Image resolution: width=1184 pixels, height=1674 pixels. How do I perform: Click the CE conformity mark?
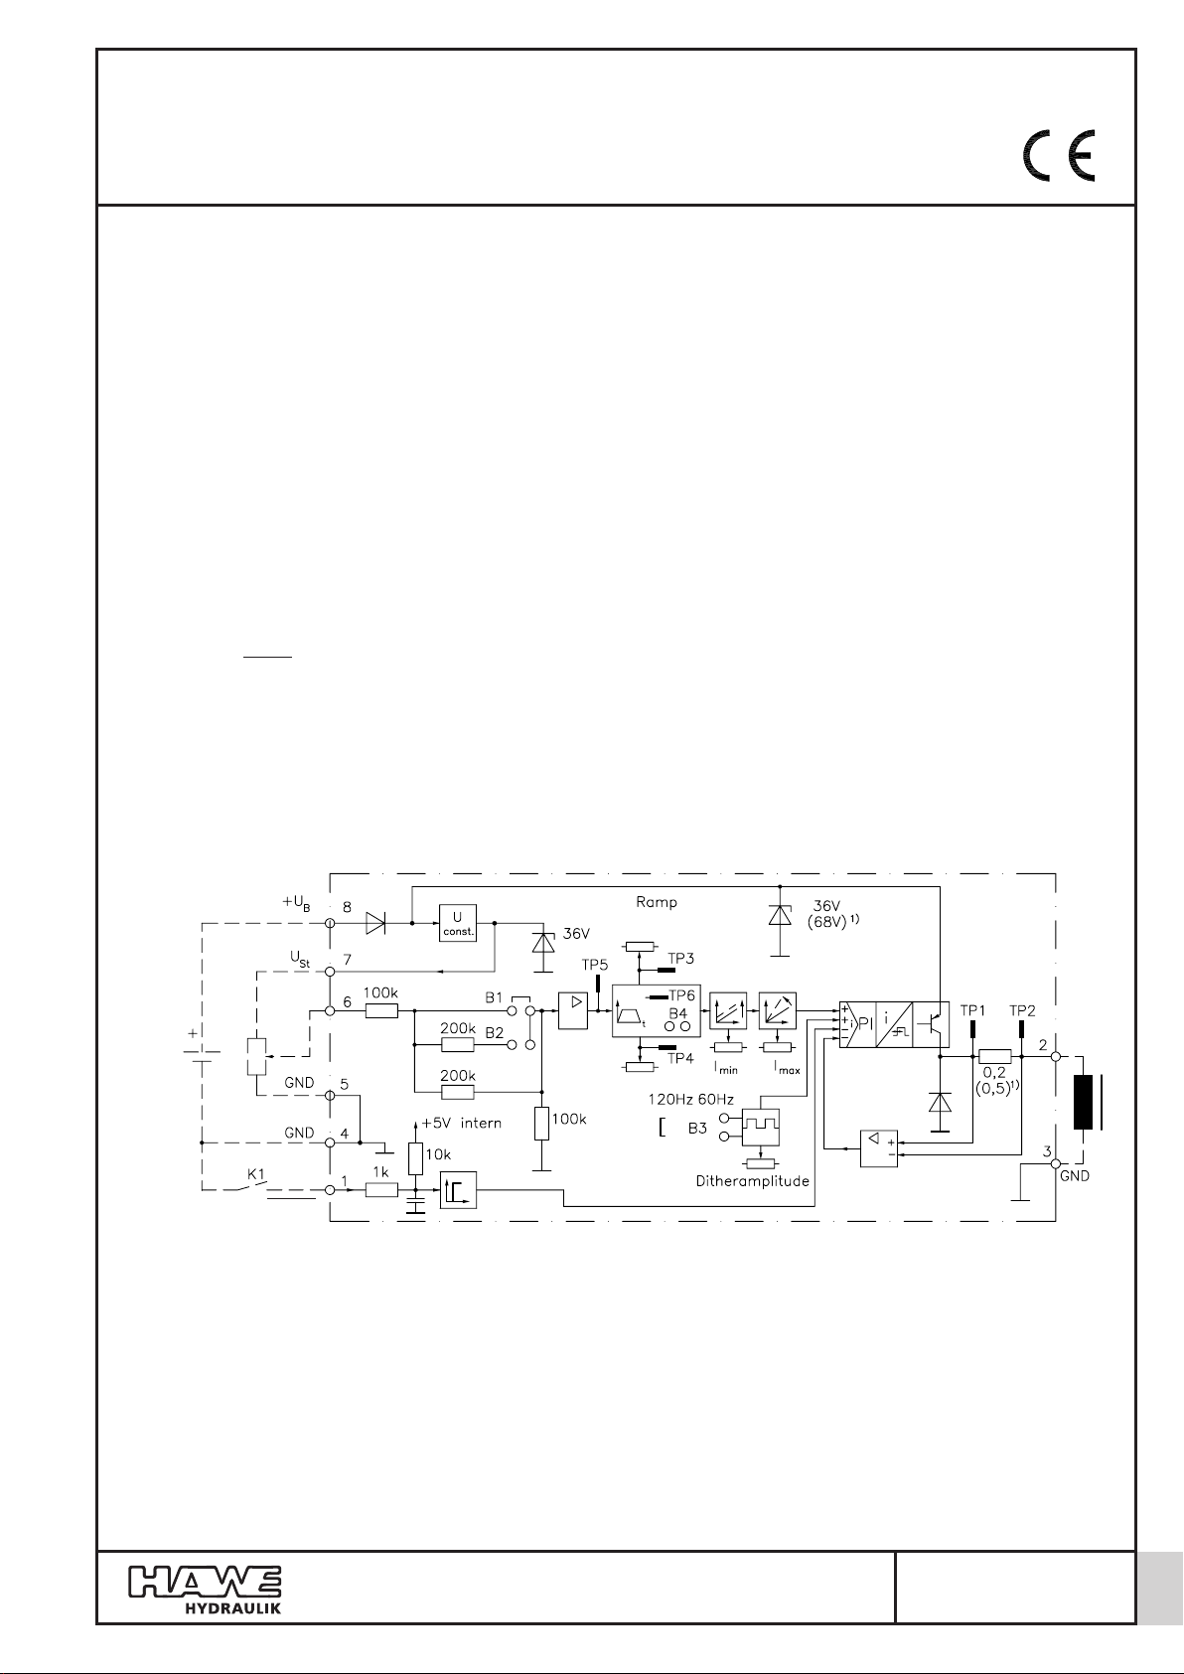click(1059, 155)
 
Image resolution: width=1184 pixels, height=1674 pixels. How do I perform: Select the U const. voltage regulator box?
click(457, 923)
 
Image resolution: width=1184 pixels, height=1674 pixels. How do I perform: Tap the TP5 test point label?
click(595, 965)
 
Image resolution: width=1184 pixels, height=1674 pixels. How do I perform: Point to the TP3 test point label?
click(680, 958)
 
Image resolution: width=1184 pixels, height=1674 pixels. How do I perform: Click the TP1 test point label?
click(972, 1010)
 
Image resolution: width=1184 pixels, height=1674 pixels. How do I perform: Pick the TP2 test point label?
click(1023, 1010)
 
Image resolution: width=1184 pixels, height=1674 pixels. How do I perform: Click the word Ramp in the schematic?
click(657, 902)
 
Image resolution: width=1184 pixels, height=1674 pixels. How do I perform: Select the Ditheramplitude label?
click(752, 1181)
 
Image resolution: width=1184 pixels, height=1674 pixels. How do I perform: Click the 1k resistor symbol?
click(381, 1190)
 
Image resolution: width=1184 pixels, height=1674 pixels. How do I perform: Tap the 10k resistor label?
click(438, 1154)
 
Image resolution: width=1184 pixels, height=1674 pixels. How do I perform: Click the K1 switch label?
click(256, 1174)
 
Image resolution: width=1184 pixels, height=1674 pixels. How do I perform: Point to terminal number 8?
click(347, 907)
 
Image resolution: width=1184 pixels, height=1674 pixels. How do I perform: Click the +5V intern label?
click(461, 1124)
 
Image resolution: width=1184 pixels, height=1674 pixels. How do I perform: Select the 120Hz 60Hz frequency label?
click(691, 1100)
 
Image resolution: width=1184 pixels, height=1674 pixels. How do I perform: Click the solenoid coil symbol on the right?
click(1084, 1102)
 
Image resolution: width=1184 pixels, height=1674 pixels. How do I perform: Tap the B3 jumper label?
click(697, 1129)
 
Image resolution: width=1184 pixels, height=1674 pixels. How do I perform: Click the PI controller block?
click(857, 1024)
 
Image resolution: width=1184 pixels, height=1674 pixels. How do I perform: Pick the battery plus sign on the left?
click(193, 1033)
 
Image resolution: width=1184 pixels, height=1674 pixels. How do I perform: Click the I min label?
click(725, 1068)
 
